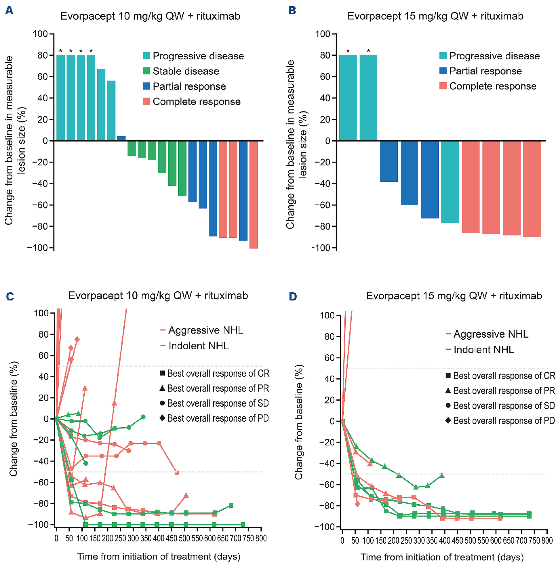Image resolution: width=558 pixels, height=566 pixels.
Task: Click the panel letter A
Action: tap(9, 11)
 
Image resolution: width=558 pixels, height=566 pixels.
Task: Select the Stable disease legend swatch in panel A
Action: tap(147, 71)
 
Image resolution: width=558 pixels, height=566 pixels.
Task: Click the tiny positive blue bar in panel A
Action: tap(121, 138)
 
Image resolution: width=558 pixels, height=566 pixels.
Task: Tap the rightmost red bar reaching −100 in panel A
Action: tap(253, 195)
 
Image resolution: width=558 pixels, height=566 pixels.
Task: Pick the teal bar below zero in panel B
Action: tap(450, 181)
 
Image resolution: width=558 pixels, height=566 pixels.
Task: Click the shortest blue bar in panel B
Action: tap(389, 161)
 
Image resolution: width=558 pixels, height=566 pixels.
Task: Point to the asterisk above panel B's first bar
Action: tap(348, 51)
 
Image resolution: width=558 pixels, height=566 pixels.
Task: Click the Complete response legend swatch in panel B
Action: tap(443, 86)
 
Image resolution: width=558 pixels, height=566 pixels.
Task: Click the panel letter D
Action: tap(293, 297)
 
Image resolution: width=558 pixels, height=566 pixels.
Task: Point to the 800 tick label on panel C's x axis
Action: tap(261, 538)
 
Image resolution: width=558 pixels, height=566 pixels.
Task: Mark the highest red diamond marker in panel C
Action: tap(77, 339)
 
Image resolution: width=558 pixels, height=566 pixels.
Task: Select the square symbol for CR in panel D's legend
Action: tap(448, 375)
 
